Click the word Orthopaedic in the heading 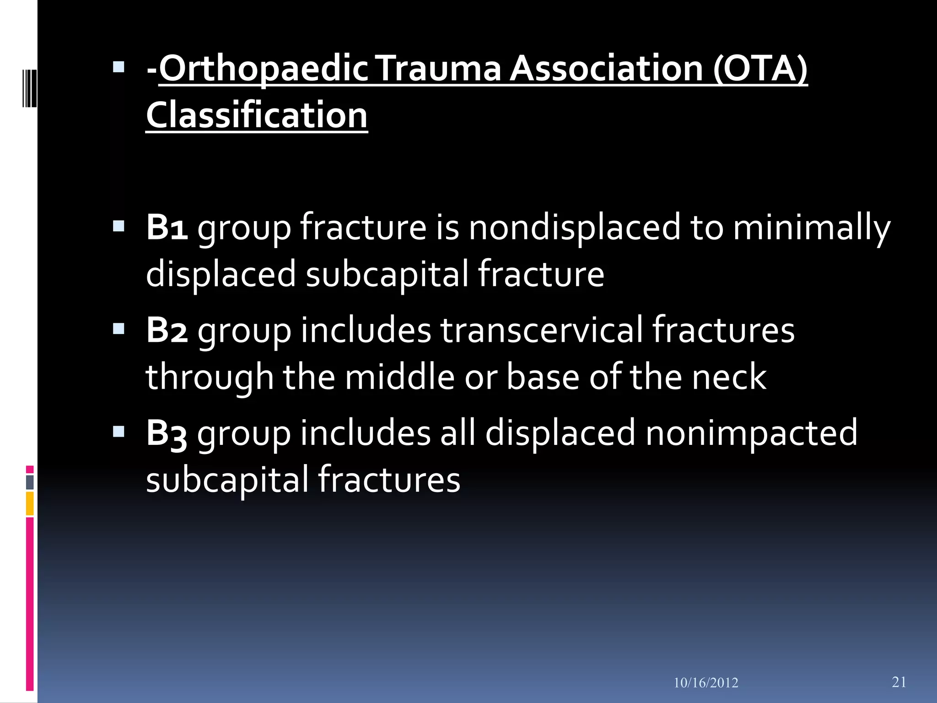point(263,69)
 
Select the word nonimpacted point(751,433)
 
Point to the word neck point(729,377)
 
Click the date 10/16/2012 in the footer point(706,683)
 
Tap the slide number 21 point(899,682)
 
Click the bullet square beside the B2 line point(119,329)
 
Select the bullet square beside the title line point(119,68)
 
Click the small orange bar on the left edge point(30,503)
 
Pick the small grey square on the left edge point(30,482)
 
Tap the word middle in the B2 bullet point(399,377)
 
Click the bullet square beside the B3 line point(119,432)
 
